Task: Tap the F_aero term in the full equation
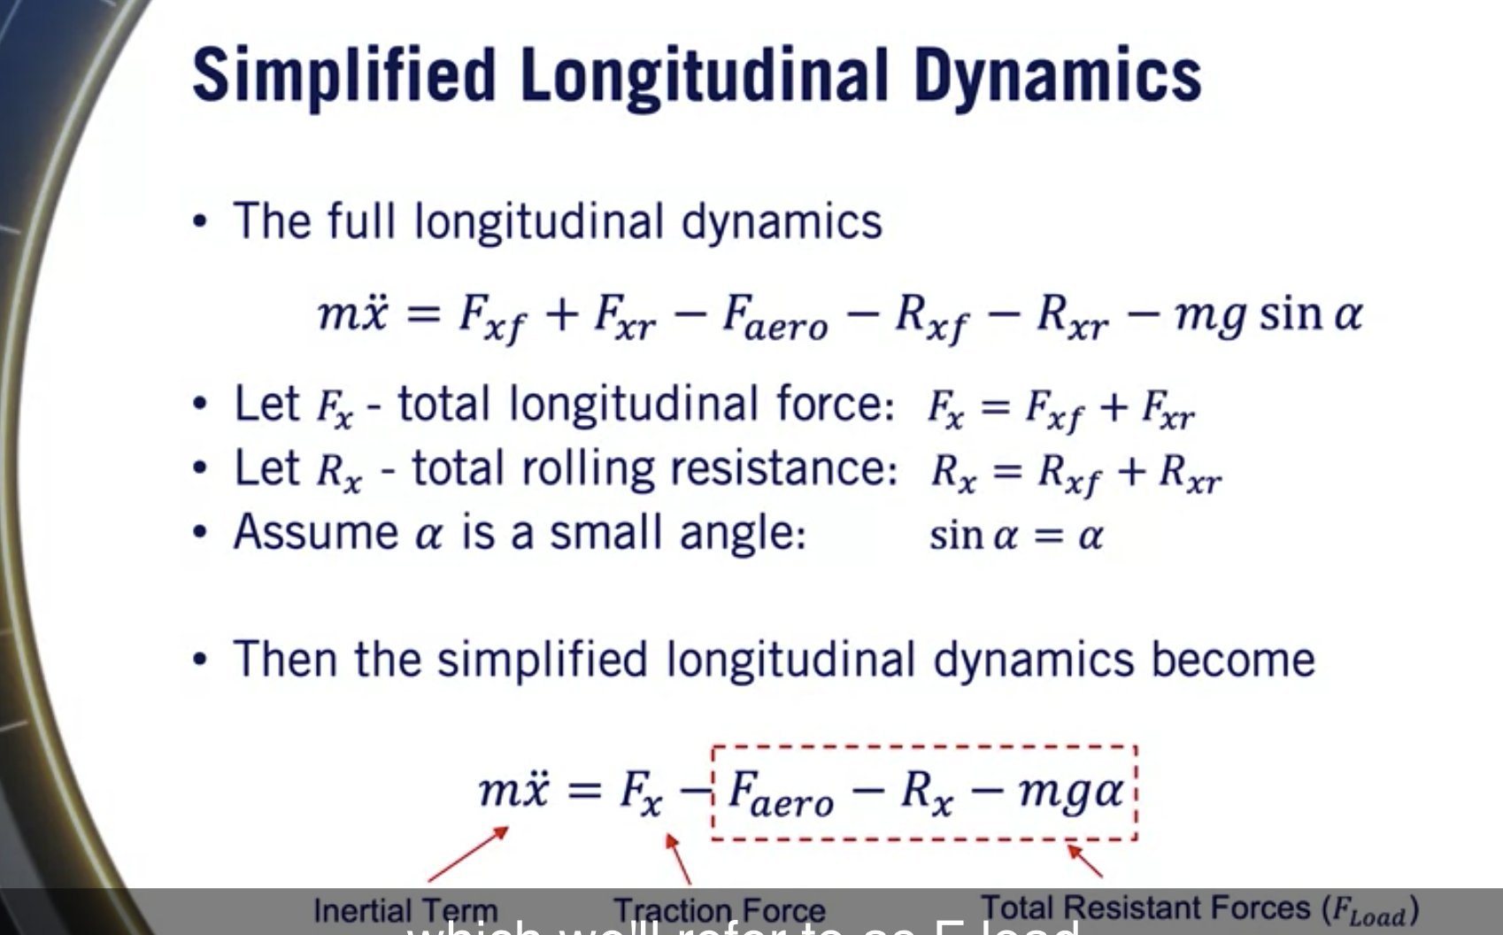(x=775, y=317)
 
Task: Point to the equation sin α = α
(x=1015, y=536)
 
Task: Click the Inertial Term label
(x=405, y=909)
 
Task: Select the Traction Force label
(x=719, y=909)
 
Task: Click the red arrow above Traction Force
(x=678, y=858)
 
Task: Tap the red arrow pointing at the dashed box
(x=1084, y=861)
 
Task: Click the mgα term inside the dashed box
(x=1070, y=791)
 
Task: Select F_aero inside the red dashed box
(x=780, y=792)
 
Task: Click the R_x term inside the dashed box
(x=926, y=792)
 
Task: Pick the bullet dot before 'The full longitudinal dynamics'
(x=201, y=221)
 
